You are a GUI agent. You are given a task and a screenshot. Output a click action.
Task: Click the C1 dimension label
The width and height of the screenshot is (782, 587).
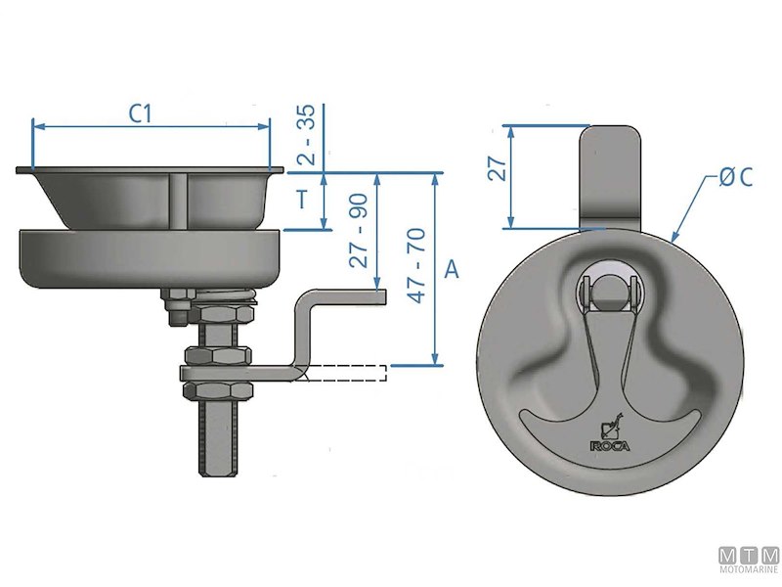pyautogui.click(x=143, y=113)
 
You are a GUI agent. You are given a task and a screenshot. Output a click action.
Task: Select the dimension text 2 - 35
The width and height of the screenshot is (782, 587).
pyautogui.click(x=306, y=136)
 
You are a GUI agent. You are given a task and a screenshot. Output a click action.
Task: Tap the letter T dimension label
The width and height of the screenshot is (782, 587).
pyautogui.click(x=303, y=202)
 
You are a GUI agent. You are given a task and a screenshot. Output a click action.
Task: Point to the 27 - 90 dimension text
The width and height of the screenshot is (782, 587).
pyautogui.click(x=359, y=232)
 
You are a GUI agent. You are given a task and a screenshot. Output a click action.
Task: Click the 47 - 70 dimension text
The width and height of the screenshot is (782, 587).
pyautogui.click(x=415, y=265)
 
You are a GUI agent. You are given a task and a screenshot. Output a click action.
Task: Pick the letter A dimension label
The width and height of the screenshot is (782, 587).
pyautogui.click(x=451, y=270)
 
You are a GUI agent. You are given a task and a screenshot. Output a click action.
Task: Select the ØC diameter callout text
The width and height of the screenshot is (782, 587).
pyautogui.click(x=734, y=177)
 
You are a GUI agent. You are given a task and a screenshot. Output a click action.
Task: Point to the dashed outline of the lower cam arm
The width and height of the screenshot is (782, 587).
pyautogui.click(x=347, y=373)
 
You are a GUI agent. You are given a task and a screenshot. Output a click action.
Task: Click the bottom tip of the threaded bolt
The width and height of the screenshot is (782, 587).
pyautogui.click(x=216, y=473)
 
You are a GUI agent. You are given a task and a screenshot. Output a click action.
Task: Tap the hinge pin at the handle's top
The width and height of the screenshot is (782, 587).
pyautogui.click(x=609, y=290)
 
